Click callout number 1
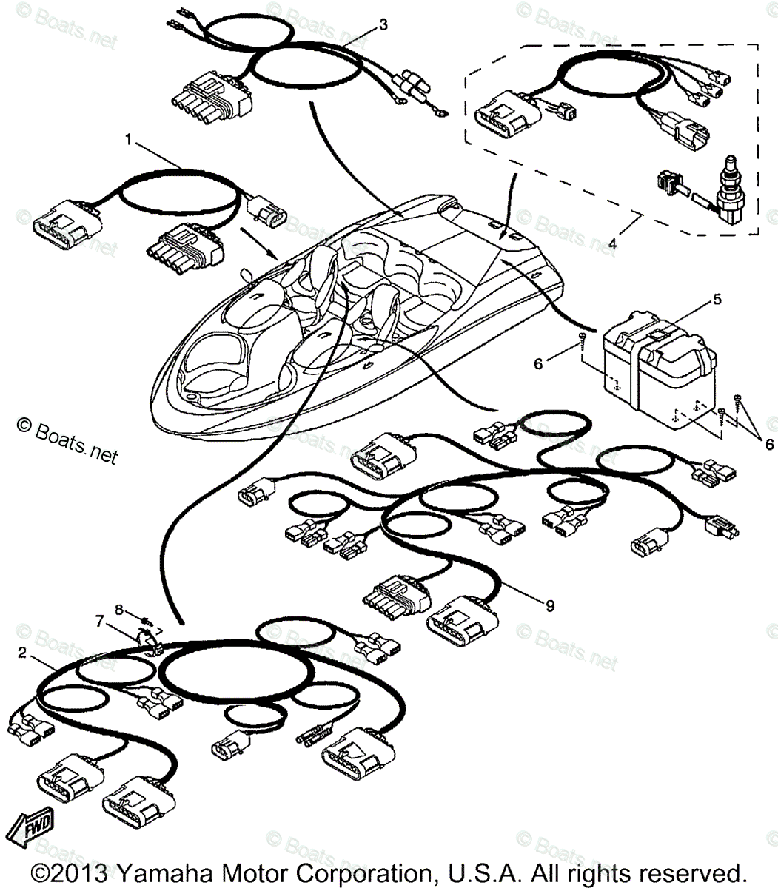click(x=129, y=138)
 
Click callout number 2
click(x=22, y=653)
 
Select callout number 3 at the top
click(x=382, y=24)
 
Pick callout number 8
click(x=118, y=609)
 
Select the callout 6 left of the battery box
click(x=538, y=363)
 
